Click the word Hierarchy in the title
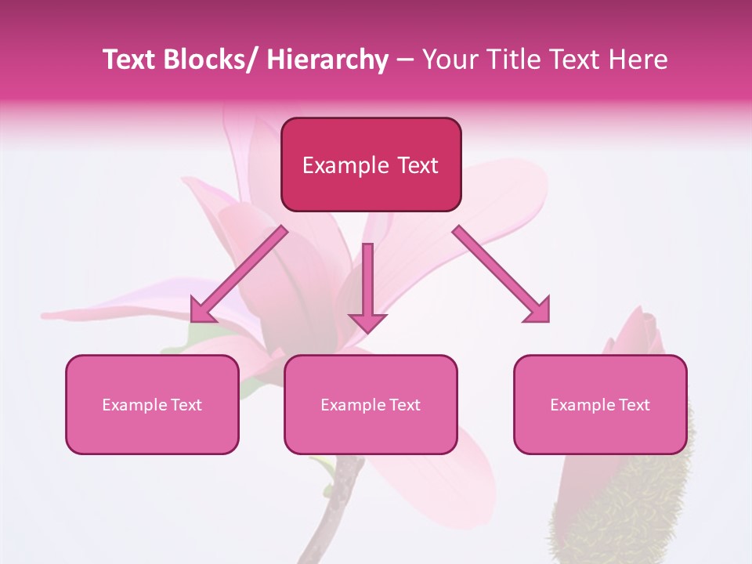point(327,60)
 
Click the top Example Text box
point(371,164)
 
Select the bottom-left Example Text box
point(152,404)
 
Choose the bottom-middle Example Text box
point(371,404)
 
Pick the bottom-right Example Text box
point(600,404)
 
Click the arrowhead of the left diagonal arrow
point(201,311)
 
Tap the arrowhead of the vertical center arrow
point(368,322)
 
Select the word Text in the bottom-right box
point(633,405)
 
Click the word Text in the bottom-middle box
point(403,405)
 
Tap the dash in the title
point(405,60)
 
